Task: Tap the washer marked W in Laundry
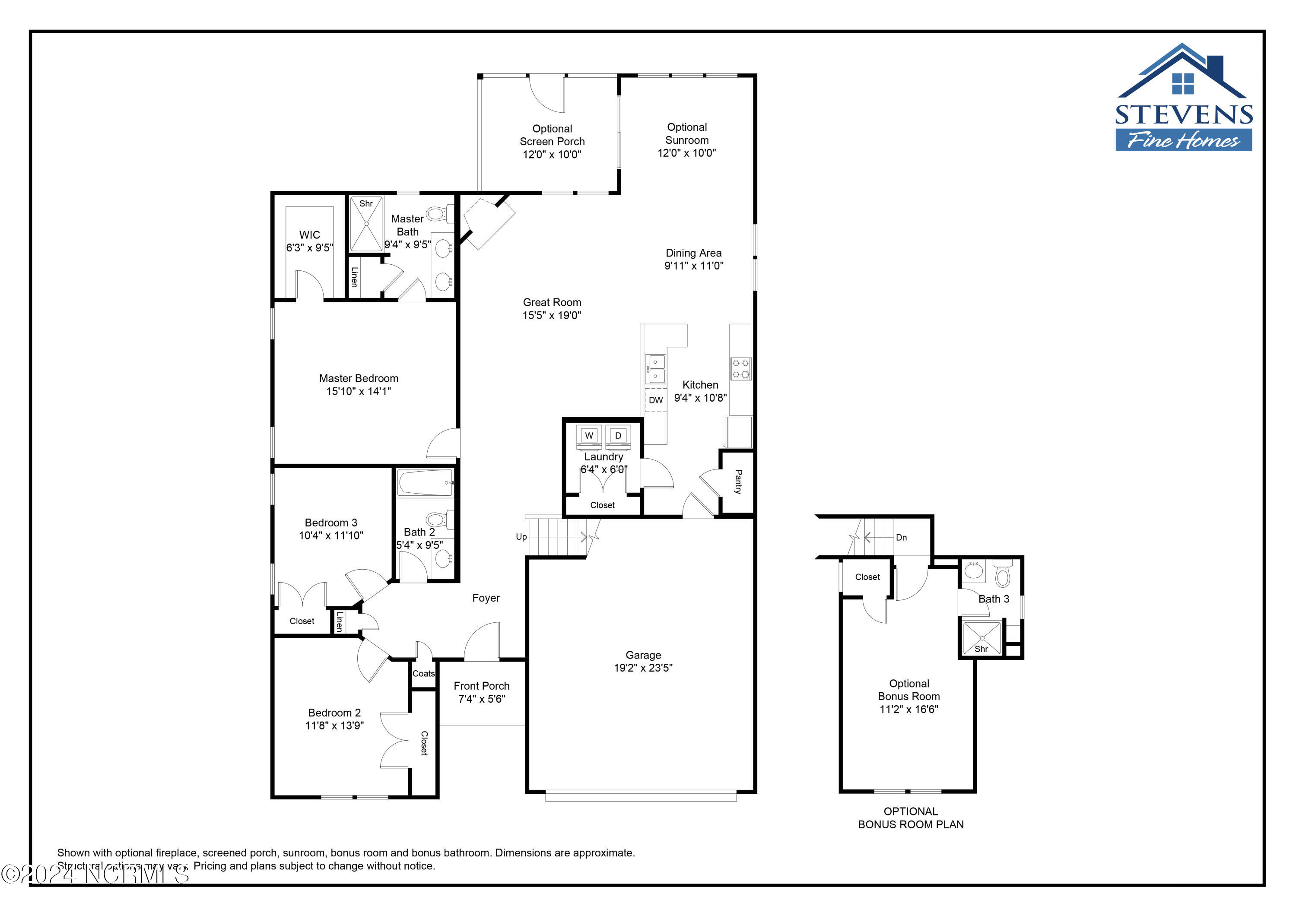point(589,436)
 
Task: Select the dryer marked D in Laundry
point(618,436)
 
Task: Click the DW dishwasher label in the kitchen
point(655,400)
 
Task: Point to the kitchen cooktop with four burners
point(740,368)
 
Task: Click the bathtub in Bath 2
point(425,483)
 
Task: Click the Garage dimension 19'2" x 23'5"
point(643,668)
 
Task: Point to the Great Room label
point(552,302)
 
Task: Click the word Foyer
point(486,598)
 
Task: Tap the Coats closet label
point(423,673)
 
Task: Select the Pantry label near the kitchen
point(738,482)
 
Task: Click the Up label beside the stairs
point(521,537)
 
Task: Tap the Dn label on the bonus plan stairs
point(902,537)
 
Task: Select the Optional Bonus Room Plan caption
point(911,818)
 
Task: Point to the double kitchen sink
point(656,368)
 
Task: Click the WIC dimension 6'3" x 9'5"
point(309,248)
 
